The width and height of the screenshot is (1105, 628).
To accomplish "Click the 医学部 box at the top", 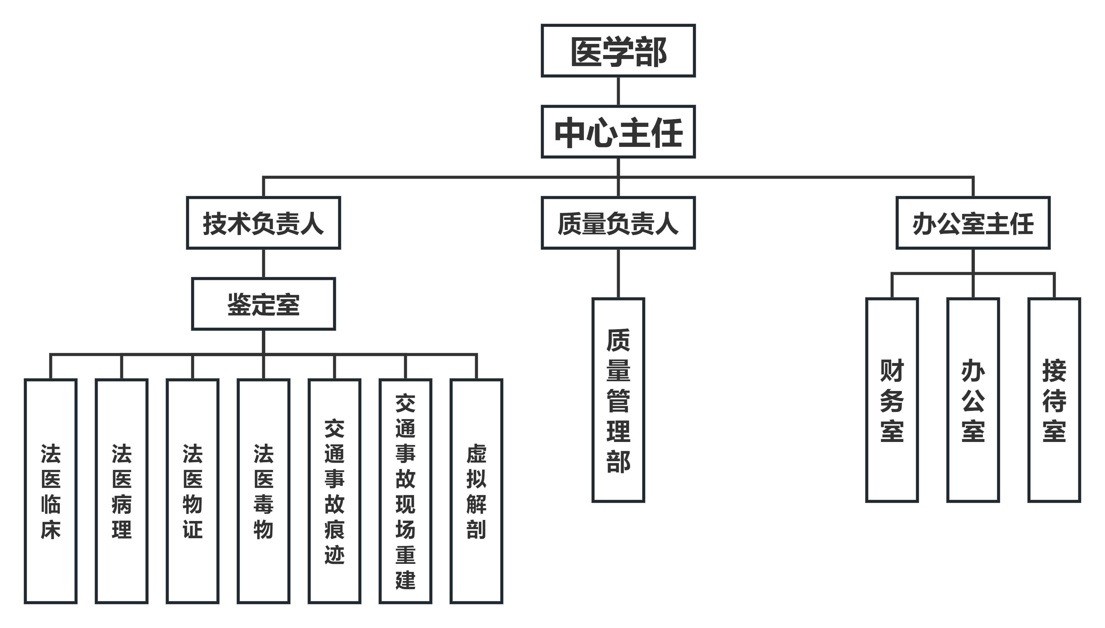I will [618, 51].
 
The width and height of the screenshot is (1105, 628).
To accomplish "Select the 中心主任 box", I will [618, 132].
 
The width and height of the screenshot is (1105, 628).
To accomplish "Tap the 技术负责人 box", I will [263, 223].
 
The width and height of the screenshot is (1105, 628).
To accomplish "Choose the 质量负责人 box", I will [618, 223].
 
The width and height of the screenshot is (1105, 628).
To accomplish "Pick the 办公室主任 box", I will [973, 223].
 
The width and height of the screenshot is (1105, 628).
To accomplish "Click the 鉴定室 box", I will [263, 304].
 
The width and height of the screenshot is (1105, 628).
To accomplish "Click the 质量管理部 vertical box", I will [618, 400].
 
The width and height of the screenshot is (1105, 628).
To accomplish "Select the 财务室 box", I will [892, 400].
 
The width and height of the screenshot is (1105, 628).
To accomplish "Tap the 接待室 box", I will [1054, 400].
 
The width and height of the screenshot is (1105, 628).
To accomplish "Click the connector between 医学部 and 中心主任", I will [618, 91].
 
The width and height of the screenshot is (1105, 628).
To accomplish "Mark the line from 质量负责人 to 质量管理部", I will [618, 273].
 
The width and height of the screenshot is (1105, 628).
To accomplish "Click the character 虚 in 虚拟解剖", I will [476, 454].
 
